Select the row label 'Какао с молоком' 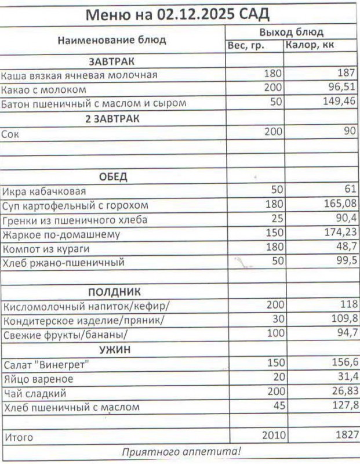pos(44,90)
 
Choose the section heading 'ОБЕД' pos(114,177)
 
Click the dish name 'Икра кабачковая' pos(44,192)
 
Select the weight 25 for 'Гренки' pos(276,219)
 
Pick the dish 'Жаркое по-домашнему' pos(61,235)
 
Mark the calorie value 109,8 pos(344,319)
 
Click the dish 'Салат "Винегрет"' pos(48,365)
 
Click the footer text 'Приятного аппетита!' pos(181,451)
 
